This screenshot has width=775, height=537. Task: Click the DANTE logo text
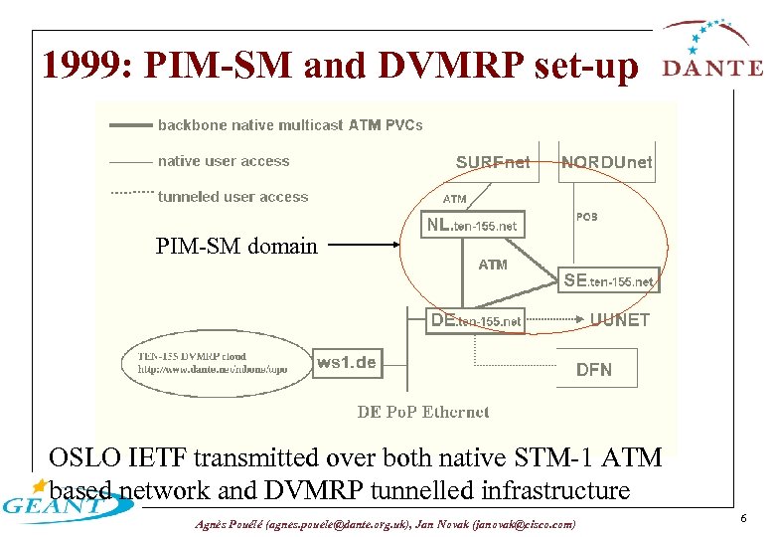point(712,68)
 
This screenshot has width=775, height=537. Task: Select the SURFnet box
point(493,162)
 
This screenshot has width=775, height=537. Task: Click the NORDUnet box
point(606,162)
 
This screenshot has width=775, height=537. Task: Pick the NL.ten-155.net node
point(471,226)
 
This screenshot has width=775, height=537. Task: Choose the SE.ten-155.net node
point(607,280)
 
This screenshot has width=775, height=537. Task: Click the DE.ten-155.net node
point(475,320)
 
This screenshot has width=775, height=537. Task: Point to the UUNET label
point(619,320)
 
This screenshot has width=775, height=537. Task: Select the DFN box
point(594,369)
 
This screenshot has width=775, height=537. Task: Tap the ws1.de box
point(346,362)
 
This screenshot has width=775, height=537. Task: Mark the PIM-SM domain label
point(236,246)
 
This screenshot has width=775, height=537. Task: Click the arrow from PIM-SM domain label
point(374,245)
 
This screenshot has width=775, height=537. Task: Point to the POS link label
point(586,216)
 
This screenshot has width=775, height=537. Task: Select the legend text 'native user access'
point(224,161)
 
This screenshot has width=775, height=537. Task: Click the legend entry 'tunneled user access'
point(232,197)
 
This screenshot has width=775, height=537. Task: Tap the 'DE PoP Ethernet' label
point(423,412)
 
